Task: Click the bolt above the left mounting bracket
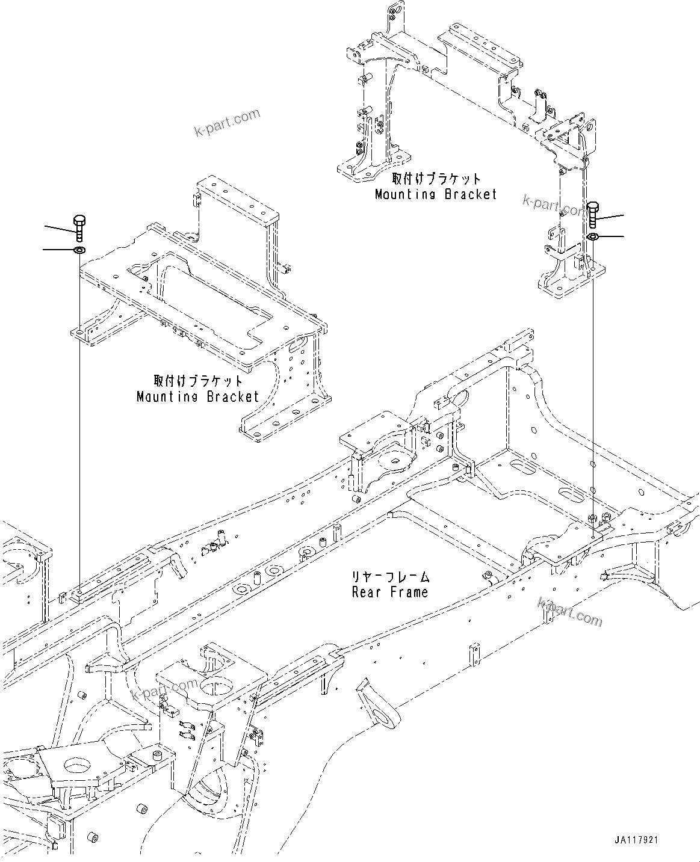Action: click(x=79, y=227)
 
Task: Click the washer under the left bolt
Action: click(x=79, y=249)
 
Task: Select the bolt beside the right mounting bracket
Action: click(x=592, y=215)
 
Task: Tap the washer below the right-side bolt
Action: click(x=592, y=237)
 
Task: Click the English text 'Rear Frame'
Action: click(x=390, y=592)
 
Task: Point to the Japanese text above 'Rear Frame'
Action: click(x=390, y=577)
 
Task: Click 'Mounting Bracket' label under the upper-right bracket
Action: click(x=436, y=194)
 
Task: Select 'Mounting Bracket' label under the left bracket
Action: click(x=197, y=396)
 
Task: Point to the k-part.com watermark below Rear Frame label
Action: click(x=569, y=611)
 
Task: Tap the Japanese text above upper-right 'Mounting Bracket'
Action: click(x=436, y=179)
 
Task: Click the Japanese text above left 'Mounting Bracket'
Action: click(x=197, y=381)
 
